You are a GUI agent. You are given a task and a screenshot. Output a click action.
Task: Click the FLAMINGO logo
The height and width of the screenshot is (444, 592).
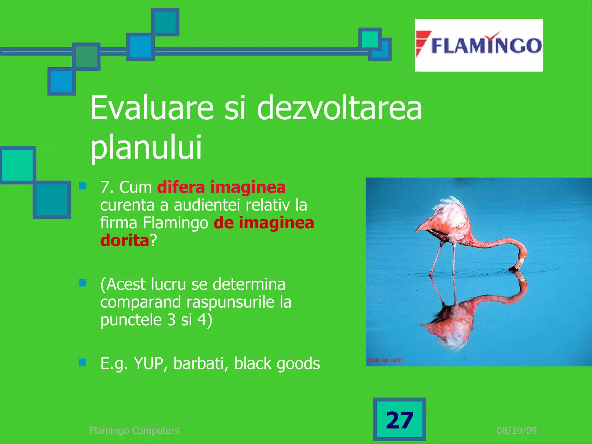click(x=479, y=45)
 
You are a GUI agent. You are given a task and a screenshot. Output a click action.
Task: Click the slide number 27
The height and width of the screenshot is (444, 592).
click(x=399, y=420)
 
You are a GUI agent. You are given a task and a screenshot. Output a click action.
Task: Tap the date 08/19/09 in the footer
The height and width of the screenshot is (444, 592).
click(x=517, y=430)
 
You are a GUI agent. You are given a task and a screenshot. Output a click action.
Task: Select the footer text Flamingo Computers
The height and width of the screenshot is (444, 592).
click(x=134, y=430)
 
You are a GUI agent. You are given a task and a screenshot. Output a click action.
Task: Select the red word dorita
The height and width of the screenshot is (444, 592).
click(x=125, y=240)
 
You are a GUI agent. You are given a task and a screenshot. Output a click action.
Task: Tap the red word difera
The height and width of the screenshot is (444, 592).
click(x=181, y=187)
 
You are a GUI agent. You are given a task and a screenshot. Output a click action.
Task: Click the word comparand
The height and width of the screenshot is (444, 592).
click(x=140, y=302)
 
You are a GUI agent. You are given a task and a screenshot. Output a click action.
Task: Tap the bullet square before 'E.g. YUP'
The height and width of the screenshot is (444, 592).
click(x=83, y=362)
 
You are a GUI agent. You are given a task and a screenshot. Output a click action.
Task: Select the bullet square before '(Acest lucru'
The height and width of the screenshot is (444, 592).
click(x=83, y=283)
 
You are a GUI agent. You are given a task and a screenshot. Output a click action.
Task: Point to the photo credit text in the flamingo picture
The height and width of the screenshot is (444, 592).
click(x=385, y=360)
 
